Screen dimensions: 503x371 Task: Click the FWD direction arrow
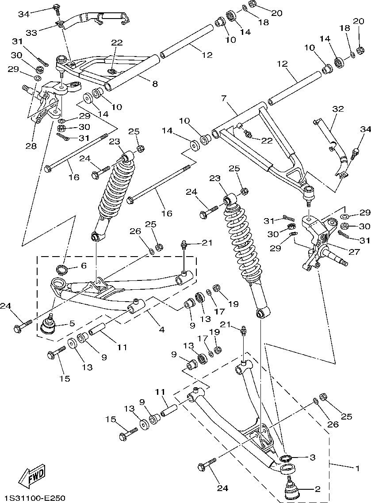click(32, 475)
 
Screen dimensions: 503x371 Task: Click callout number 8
click(154, 83)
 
